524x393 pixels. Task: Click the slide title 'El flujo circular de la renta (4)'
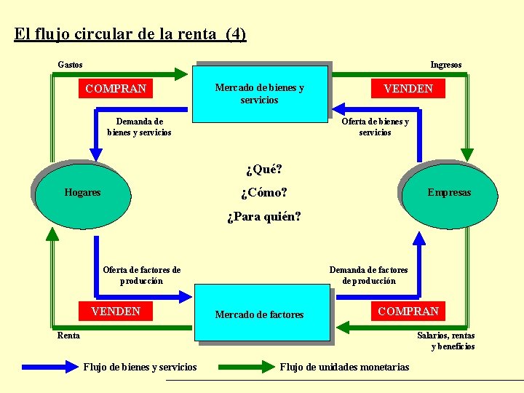[x=130, y=34]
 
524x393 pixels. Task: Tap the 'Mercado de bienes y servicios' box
[x=259, y=93]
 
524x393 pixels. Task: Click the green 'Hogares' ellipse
[x=83, y=193]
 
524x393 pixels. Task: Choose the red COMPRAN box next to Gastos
[x=116, y=89]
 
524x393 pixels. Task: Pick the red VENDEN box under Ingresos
[x=408, y=89]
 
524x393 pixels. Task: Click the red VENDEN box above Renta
[x=116, y=311]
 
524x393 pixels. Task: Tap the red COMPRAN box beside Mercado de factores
[x=408, y=311]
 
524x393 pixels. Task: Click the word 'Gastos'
[x=70, y=65]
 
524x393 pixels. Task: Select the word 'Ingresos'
[x=445, y=65]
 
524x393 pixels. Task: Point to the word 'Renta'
[x=68, y=336]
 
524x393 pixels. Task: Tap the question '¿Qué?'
[x=263, y=170]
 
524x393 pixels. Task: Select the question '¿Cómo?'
[x=263, y=193]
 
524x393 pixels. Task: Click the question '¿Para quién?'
[x=263, y=217]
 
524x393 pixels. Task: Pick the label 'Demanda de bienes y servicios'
[x=139, y=127]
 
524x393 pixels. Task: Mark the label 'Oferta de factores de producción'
[x=142, y=275]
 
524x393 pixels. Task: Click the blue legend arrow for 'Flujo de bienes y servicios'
[x=49, y=367]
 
